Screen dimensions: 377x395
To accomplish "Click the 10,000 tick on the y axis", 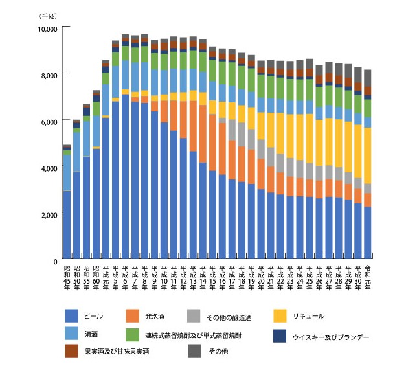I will [x=47, y=29].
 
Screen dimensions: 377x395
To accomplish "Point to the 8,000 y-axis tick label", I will [x=49, y=75].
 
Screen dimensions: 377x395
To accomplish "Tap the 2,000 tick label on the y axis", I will [x=49, y=214].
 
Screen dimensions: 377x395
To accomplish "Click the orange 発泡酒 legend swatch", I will [x=132, y=316].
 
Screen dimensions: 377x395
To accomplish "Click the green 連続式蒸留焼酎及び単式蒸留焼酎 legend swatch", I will [x=132, y=335].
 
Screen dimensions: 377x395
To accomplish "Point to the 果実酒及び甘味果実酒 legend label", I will [x=117, y=353].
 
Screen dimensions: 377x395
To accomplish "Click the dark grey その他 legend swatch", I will [x=193, y=350].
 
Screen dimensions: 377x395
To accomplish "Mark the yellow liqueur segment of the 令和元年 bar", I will [x=367, y=155].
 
